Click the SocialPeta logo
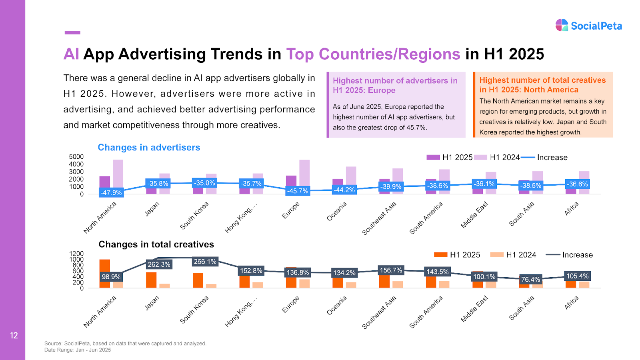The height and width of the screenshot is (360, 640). point(588,26)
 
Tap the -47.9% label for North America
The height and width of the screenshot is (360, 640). point(111,192)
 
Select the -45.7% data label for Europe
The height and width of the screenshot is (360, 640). point(298,191)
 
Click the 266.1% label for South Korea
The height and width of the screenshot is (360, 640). point(205,262)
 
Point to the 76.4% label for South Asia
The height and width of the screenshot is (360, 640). point(531,279)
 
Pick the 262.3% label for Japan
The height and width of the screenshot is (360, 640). point(159,264)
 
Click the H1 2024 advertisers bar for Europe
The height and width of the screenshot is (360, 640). point(304,177)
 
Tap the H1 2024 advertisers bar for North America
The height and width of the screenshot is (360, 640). point(118,176)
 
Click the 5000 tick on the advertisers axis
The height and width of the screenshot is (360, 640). point(76,157)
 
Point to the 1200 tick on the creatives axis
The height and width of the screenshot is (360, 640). point(76,254)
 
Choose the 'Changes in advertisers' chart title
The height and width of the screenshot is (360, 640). point(149,148)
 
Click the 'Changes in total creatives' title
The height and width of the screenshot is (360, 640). point(156,244)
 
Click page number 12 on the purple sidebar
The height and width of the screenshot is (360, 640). point(14,336)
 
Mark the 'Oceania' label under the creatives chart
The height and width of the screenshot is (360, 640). point(337,306)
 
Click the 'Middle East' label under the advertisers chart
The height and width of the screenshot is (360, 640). point(474,215)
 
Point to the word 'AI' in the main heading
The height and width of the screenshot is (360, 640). point(71,54)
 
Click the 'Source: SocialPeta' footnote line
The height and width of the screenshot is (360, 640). point(125,343)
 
